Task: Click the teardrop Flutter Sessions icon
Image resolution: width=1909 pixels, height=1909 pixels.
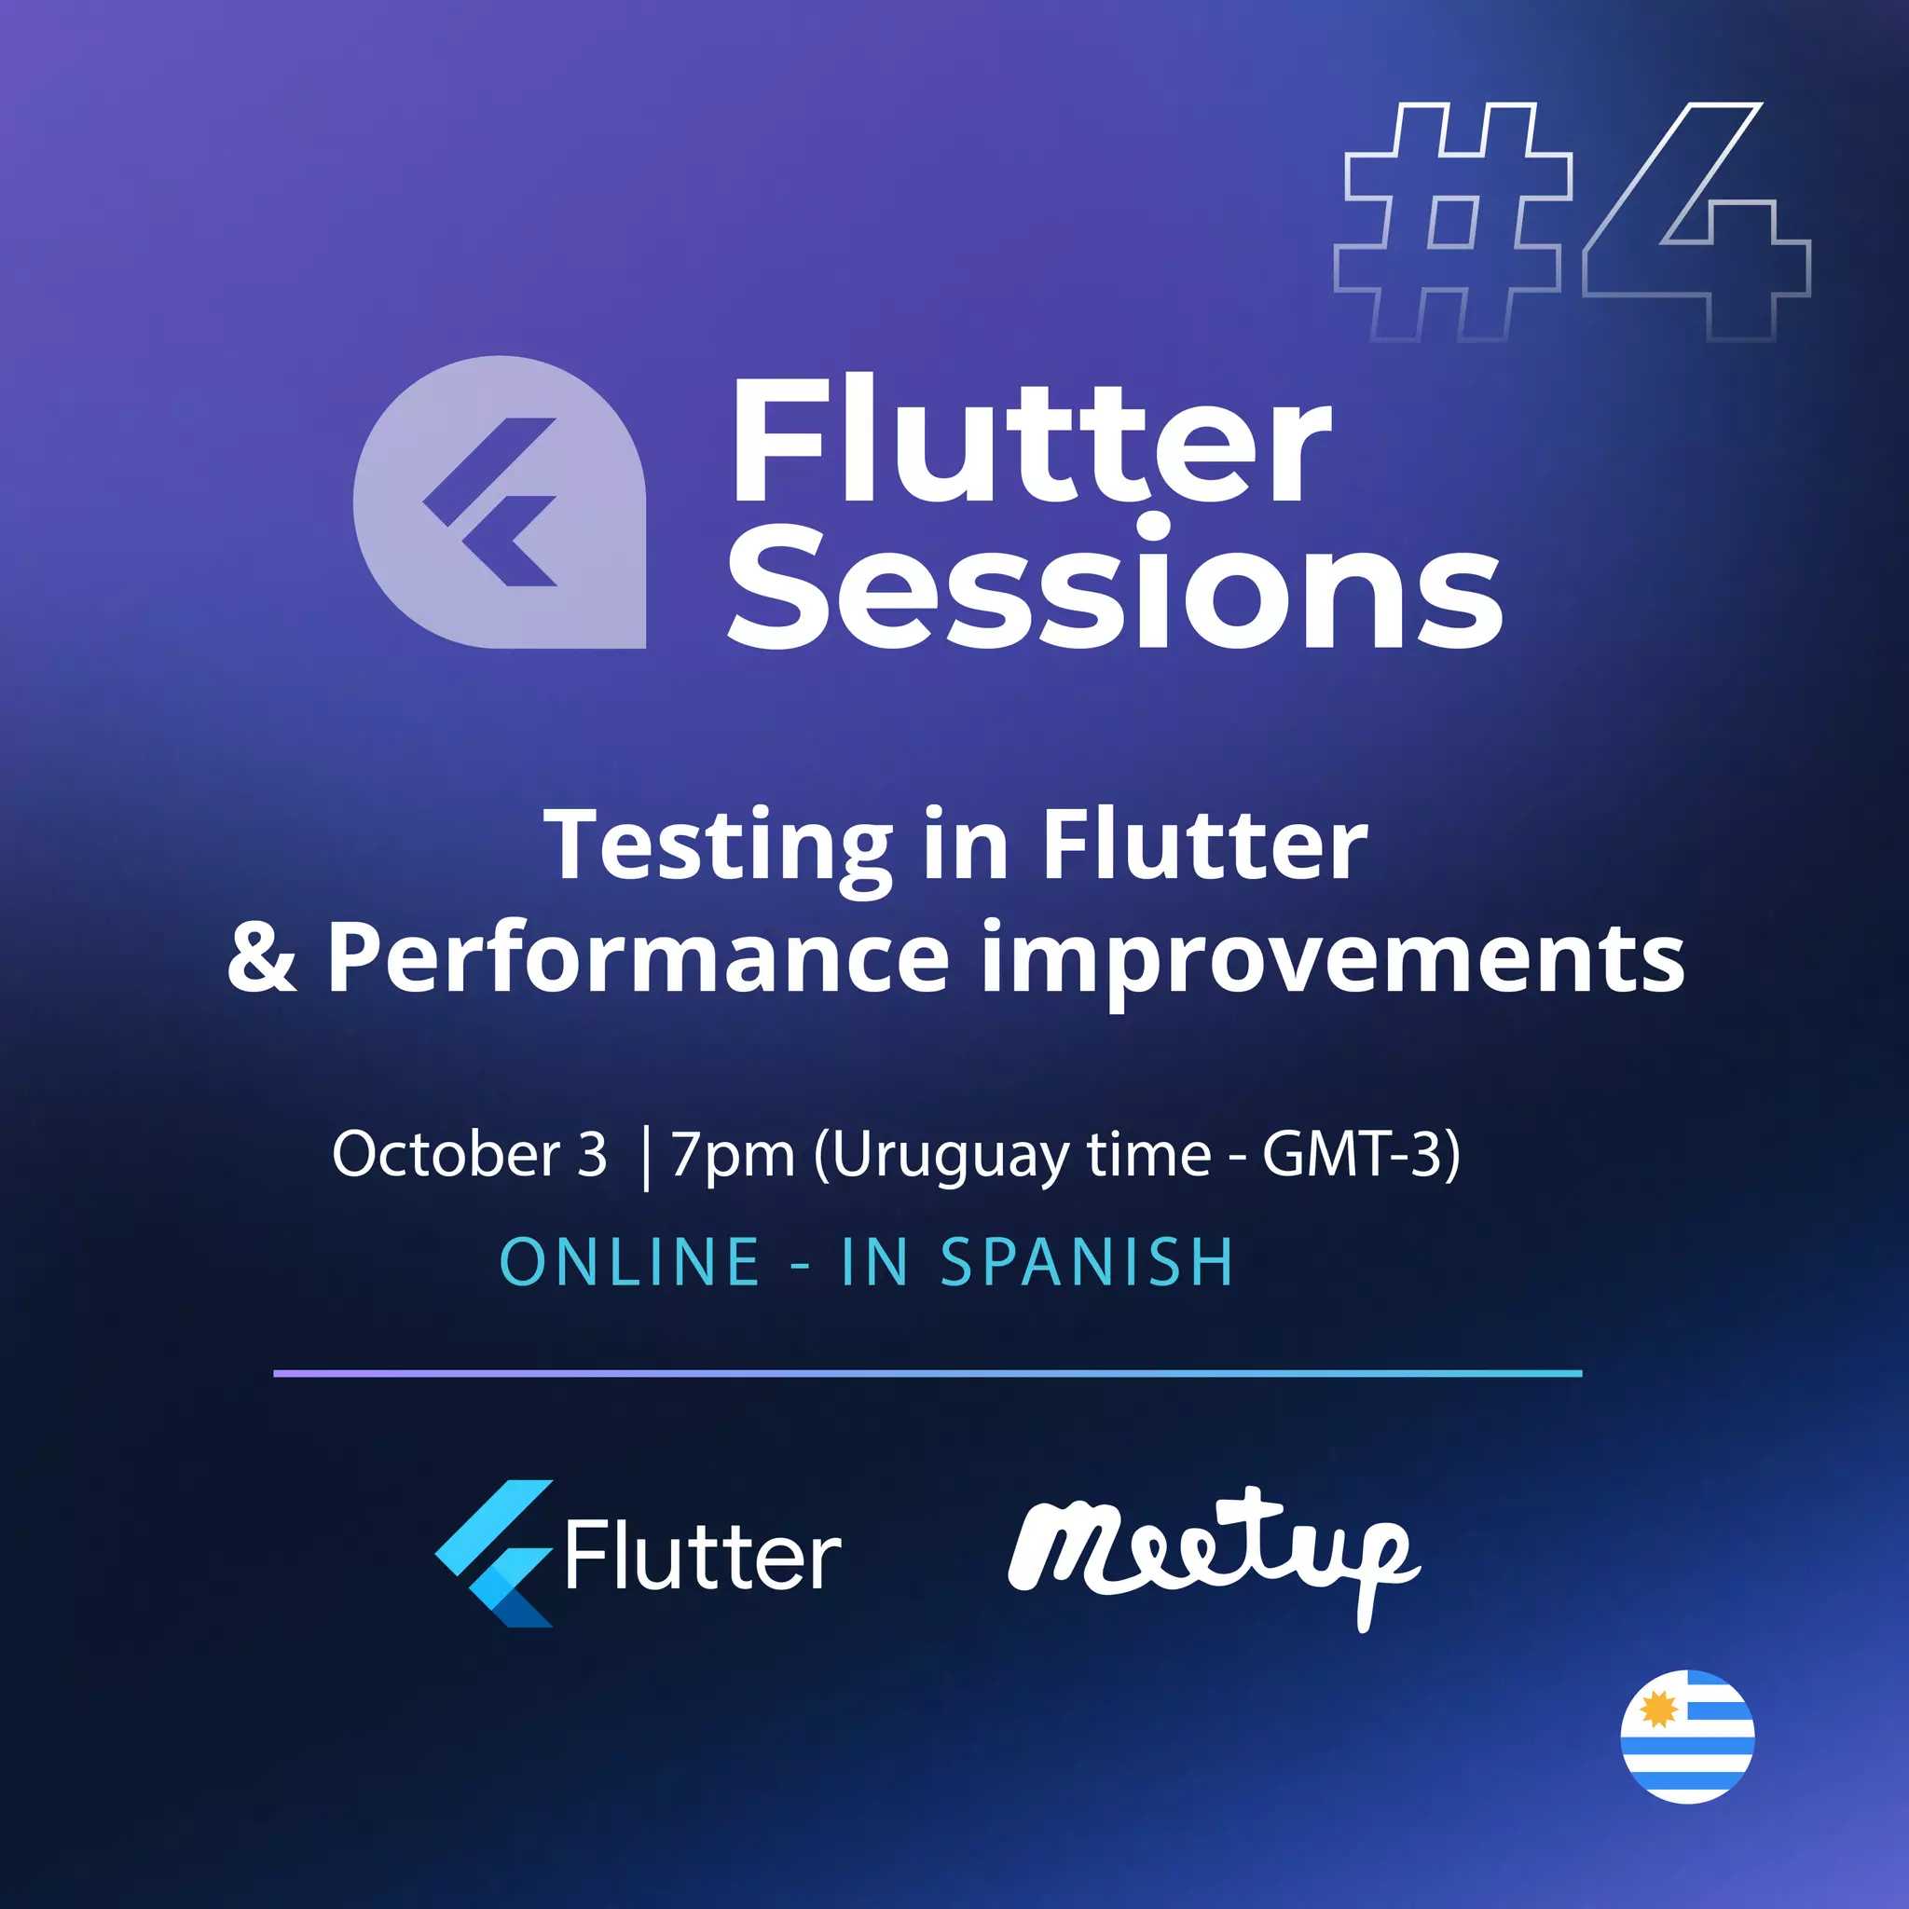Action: point(499,502)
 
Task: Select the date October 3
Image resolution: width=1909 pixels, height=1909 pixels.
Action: point(470,1153)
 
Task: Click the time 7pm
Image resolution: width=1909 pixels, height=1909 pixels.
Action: point(732,1155)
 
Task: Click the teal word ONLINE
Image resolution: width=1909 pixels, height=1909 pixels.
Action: point(629,1262)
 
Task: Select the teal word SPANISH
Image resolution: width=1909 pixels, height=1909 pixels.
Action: point(1087,1262)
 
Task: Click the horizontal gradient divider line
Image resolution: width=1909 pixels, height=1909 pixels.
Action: point(927,1373)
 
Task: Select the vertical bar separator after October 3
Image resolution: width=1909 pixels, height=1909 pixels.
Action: point(646,1158)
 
